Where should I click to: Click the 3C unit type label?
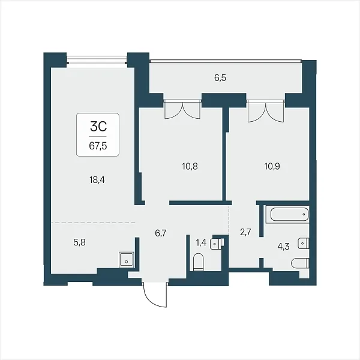tap(98, 127)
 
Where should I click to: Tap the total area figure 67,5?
tap(98, 146)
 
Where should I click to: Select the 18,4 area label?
tap(97, 180)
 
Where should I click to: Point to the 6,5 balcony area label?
tap(220, 78)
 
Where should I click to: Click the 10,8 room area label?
tap(190, 166)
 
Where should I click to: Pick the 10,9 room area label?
tap(272, 166)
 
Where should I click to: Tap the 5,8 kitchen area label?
tap(80, 242)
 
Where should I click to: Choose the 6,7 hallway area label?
tap(160, 233)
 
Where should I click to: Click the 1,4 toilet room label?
tap(202, 242)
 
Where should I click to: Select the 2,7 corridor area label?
tap(245, 232)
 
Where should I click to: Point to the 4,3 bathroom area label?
tap(284, 247)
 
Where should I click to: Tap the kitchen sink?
tap(126, 260)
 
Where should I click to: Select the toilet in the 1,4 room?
tap(199, 262)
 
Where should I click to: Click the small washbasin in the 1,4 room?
tap(217, 244)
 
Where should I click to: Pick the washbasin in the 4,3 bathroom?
tap(304, 243)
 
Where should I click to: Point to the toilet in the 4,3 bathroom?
tap(300, 263)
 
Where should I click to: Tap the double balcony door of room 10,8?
tap(182, 109)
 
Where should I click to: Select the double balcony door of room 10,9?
tap(266, 110)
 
